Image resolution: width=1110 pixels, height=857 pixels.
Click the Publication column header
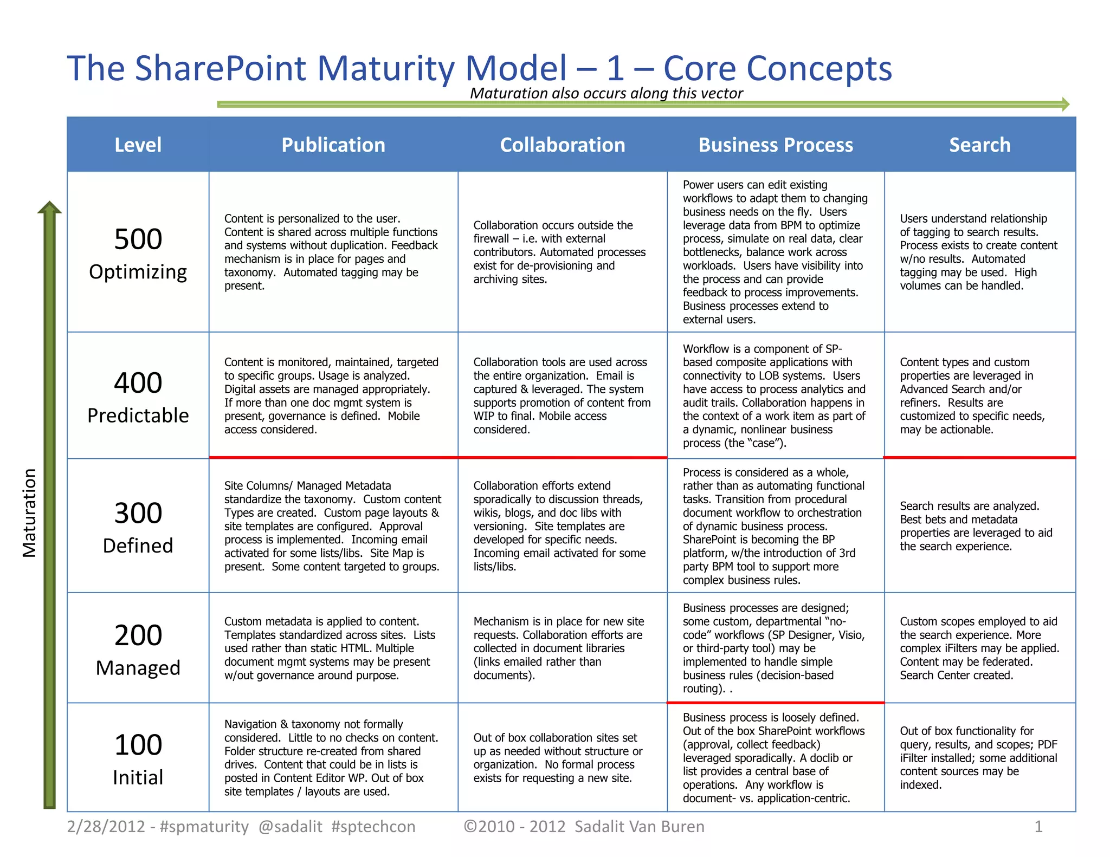[333, 145]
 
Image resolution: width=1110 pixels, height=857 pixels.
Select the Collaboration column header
[562, 145]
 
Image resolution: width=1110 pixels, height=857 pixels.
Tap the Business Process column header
[776, 145]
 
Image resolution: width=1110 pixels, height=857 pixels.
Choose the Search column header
[979, 145]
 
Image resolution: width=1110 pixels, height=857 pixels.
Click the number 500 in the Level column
[138, 239]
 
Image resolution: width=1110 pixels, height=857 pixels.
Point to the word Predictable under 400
[138, 415]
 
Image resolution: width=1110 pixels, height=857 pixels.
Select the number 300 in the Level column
[138, 513]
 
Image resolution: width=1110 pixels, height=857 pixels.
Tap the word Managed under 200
[138, 668]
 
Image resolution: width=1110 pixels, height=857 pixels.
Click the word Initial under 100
[138, 777]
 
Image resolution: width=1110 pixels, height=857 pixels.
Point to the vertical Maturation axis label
[29, 512]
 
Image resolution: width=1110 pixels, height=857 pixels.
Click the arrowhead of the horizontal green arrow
[1065, 104]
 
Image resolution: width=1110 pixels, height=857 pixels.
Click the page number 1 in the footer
[1038, 827]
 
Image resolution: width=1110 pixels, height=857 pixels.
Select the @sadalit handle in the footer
[290, 827]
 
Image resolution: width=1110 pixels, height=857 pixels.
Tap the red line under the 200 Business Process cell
[776, 703]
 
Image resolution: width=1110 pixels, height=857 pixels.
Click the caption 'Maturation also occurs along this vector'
[606, 93]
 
